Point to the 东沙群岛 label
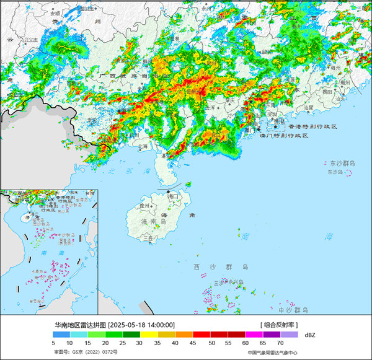[x=341, y=163]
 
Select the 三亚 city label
[x=148, y=237]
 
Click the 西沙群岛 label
[x=221, y=267]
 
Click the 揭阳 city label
[x=327, y=90]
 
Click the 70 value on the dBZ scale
[x=281, y=342]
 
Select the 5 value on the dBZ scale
[x=54, y=342]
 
